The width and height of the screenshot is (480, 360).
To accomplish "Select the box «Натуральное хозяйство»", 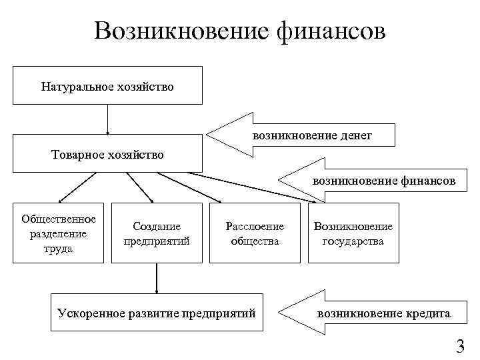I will click(x=107, y=86).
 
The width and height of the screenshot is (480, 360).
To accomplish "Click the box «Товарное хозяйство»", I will click(x=107, y=154).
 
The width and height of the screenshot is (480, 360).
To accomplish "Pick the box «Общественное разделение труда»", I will click(x=59, y=233).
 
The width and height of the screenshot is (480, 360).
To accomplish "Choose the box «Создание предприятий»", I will click(x=157, y=233).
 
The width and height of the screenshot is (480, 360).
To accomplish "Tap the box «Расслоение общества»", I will click(x=255, y=233).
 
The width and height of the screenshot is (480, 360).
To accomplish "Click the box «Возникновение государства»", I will click(x=353, y=233).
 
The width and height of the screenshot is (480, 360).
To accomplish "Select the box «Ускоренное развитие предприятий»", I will click(x=157, y=312).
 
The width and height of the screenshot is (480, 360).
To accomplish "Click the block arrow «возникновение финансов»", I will click(x=373, y=180).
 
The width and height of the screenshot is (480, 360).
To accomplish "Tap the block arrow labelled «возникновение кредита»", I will click(x=373, y=312).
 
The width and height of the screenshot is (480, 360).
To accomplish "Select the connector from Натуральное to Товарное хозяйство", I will click(x=107, y=119).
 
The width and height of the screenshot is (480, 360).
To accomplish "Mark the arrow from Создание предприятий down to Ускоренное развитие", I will click(x=157, y=278).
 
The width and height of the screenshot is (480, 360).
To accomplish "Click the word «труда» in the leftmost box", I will click(x=59, y=249).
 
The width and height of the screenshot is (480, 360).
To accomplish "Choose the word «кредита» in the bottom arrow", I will click(x=427, y=312).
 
